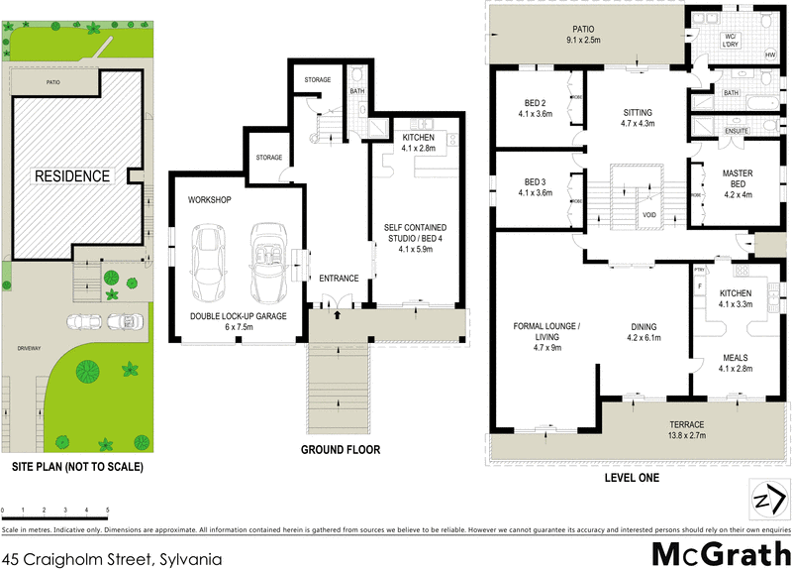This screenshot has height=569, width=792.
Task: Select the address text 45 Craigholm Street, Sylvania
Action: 111,558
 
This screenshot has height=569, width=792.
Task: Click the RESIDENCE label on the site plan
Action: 72,176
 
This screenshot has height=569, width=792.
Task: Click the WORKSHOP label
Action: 209,199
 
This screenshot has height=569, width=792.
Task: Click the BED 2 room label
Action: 535,106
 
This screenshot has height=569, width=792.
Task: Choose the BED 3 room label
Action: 535,188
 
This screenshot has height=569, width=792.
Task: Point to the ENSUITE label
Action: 736,130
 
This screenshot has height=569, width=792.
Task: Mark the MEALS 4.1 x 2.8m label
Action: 736,363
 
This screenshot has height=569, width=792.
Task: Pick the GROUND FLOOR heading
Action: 341,449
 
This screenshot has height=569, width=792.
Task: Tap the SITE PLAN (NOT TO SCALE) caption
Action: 77,466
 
